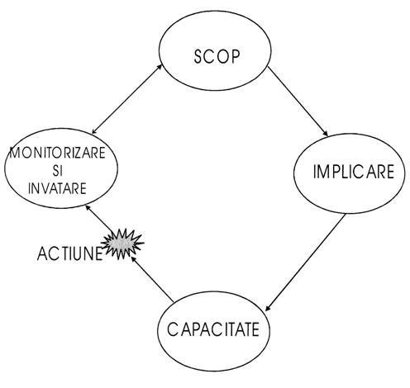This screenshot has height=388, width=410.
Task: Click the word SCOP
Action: click(x=217, y=57)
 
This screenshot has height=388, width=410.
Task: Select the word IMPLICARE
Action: click(x=354, y=172)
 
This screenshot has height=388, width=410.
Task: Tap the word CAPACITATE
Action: click(x=213, y=329)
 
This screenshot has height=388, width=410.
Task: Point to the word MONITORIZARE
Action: click(x=58, y=153)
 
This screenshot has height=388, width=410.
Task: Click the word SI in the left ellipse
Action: click(x=58, y=171)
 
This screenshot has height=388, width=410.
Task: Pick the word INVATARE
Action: click(x=57, y=188)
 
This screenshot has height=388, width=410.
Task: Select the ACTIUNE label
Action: click(x=69, y=253)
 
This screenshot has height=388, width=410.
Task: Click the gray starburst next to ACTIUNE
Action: click(x=122, y=244)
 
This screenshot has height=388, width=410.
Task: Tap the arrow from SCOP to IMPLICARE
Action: click(x=298, y=102)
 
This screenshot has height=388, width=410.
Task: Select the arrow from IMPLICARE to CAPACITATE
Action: click(x=305, y=263)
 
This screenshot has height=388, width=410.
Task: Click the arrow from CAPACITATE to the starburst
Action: click(x=152, y=279)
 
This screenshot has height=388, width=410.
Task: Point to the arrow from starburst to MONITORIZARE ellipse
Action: click(x=99, y=219)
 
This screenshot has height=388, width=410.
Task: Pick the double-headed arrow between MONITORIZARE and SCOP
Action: click(x=126, y=99)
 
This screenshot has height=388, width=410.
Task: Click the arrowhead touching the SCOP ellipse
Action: click(x=160, y=67)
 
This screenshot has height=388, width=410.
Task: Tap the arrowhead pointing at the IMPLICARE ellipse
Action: click(x=326, y=134)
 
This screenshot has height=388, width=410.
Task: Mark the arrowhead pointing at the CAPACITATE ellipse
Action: click(x=268, y=308)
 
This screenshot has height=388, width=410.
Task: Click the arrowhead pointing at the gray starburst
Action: click(x=133, y=259)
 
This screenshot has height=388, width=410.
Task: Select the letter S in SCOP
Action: click(x=198, y=57)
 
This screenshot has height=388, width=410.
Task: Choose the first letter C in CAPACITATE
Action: click(x=172, y=329)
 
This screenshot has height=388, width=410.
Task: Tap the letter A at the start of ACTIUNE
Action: click(x=42, y=253)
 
